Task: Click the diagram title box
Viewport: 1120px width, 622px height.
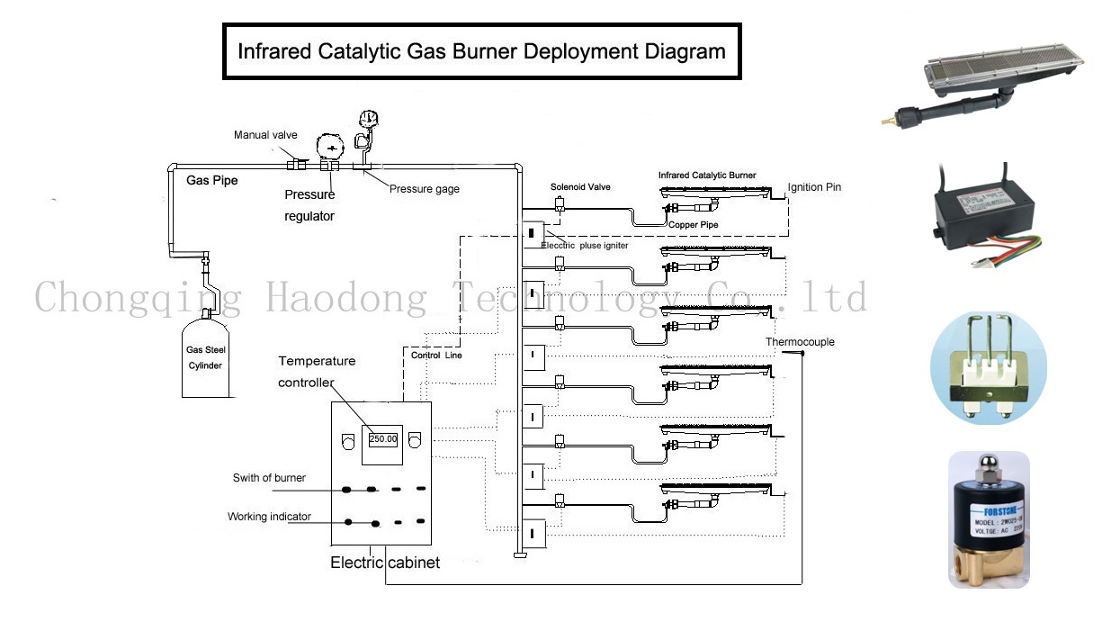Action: coord(481,51)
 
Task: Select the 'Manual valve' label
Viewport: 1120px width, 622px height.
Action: coord(265,135)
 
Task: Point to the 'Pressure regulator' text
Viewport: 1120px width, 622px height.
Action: coord(309,205)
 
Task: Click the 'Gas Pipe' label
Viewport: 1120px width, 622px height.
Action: coord(212,181)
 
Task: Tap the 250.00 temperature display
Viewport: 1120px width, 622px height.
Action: coord(382,438)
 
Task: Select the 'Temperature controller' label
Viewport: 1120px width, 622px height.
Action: coord(316,371)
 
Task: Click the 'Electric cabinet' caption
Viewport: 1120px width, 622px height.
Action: coord(385,563)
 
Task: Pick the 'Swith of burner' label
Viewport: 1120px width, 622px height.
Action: coord(269,478)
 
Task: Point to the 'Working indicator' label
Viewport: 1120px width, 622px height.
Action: coord(269,517)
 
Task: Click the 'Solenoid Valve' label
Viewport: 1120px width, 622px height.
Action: coord(580,187)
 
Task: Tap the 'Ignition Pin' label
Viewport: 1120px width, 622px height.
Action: coord(814,187)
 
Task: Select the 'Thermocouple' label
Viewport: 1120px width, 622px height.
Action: coord(800,342)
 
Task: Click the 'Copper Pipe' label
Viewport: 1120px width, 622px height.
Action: coord(693,223)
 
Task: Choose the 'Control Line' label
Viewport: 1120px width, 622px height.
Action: coord(438,356)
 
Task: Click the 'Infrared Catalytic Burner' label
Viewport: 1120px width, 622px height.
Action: coord(707,176)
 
